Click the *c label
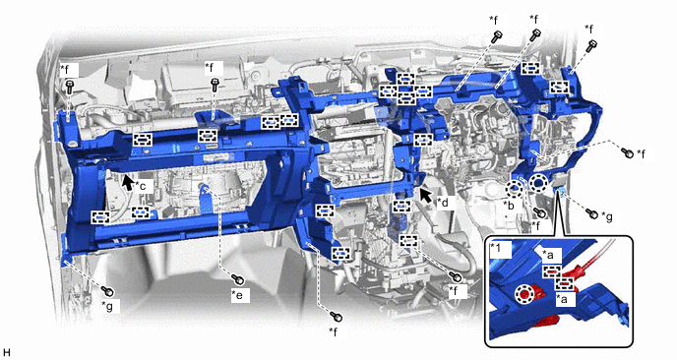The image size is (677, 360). [141, 187]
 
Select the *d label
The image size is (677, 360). [443, 202]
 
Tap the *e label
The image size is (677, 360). [238, 295]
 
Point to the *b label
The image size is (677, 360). [510, 205]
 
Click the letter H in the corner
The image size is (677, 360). [6, 353]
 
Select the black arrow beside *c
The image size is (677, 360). [127, 182]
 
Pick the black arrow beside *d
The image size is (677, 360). [426, 195]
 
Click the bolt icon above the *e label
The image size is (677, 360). [238, 279]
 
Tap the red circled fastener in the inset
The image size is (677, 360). [524, 294]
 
